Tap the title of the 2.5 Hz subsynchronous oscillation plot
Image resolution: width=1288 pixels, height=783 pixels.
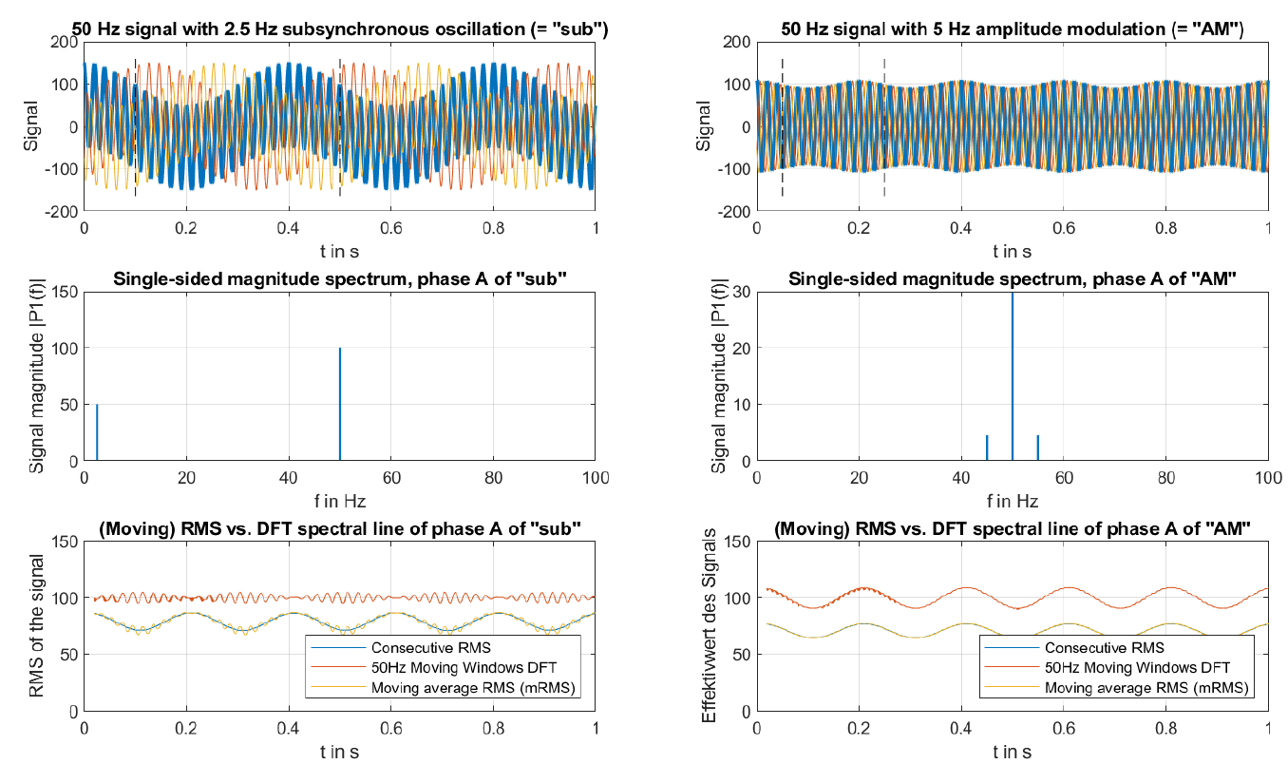(x=340, y=30)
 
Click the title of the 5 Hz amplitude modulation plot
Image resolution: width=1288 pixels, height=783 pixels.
(x=1013, y=30)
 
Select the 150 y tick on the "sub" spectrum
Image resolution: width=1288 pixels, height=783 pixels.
(x=65, y=292)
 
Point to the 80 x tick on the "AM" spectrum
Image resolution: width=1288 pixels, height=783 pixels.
(x=1166, y=478)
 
